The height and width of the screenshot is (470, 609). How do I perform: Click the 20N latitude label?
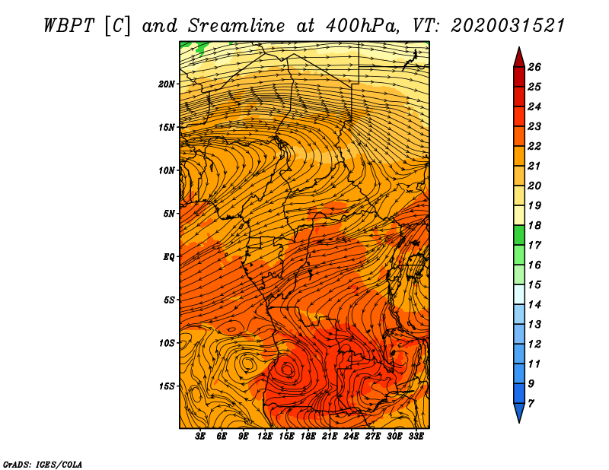click(x=167, y=84)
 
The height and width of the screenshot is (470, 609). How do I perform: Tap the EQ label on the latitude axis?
click(x=168, y=257)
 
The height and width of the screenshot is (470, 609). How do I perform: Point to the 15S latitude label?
click(x=167, y=386)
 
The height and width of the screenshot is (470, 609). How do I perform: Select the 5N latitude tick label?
click(x=168, y=214)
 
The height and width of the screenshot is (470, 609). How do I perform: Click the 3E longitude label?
click(x=200, y=437)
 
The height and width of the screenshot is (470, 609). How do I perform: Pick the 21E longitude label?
click(x=330, y=437)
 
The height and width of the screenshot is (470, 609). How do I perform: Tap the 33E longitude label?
click(x=416, y=437)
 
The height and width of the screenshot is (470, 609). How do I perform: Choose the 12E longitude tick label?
click(x=264, y=437)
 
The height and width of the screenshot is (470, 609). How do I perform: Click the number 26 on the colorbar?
click(x=534, y=67)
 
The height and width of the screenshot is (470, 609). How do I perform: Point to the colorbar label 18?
click(x=534, y=225)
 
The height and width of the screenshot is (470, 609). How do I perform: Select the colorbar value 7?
click(x=531, y=404)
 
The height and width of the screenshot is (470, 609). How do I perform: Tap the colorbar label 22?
click(x=534, y=146)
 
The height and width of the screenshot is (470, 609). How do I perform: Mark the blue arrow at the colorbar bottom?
click(x=519, y=411)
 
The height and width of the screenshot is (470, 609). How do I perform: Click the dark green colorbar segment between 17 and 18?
click(x=519, y=235)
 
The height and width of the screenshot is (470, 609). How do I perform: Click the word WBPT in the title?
click(x=69, y=26)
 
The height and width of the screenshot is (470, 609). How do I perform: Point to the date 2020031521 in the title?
click(x=508, y=26)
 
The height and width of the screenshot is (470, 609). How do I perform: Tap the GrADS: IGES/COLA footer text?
click(x=43, y=465)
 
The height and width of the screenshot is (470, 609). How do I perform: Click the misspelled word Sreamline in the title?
click(x=237, y=26)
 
